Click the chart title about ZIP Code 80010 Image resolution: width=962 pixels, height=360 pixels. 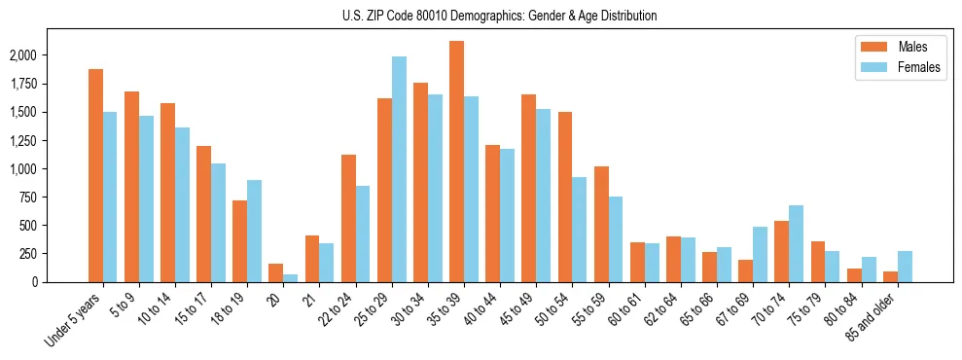pos(500,16)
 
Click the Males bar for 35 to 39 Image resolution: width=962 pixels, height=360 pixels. pos(456,162)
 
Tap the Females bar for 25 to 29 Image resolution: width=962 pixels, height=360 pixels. pos(399,169)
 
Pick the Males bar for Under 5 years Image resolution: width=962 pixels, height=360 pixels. pos(95,175)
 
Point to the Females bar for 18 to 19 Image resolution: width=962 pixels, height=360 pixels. pos(254,231)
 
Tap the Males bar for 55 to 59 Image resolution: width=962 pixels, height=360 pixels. pos(601,224)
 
